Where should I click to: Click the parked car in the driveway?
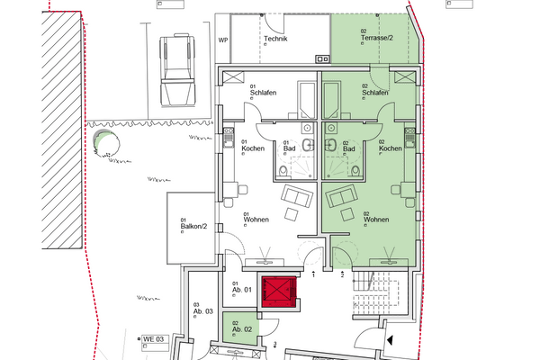(175, 68)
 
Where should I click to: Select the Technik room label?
(274, 40)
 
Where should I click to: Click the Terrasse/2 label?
(376, 39)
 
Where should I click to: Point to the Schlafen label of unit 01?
(263, 92)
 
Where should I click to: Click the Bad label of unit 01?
(291, 148)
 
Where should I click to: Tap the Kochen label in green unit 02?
(391, 148)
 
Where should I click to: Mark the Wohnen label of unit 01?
(257, 218)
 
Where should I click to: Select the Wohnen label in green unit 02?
(376, 218)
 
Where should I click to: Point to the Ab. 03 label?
(202, 310)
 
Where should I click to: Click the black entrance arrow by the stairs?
(390, 340)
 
